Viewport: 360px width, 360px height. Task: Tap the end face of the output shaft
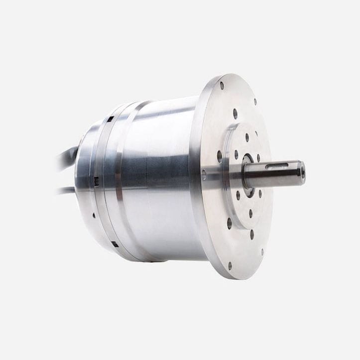point(303,173)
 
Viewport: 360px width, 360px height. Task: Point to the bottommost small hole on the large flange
point(230,265)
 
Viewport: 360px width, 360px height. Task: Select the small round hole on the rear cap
point(93,216)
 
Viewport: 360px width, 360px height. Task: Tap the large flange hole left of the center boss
point(220,156)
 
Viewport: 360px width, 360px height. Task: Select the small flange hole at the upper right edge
point(255,102)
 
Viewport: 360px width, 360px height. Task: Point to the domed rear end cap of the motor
point(85,179)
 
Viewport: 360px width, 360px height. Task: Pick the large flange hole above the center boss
point(235,114)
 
